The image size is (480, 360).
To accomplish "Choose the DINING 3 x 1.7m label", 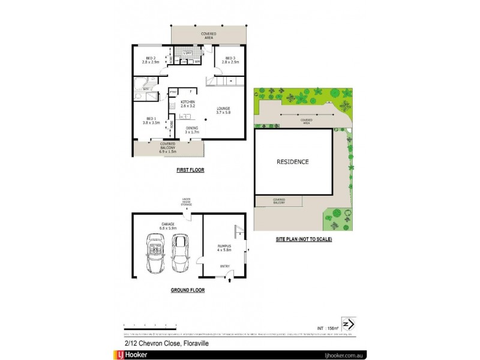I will point(191,130).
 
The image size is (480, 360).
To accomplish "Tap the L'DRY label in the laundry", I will point(187,53).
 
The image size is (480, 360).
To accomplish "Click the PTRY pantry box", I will point(173,92).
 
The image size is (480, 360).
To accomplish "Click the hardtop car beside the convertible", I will point(181,253).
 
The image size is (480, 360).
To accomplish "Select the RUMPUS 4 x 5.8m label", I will point(224,248).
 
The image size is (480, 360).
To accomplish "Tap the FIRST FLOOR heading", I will point(190,170).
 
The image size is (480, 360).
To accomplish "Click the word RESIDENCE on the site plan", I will point(293,161).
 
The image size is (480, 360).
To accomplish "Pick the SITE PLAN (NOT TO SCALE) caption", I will point(304,239).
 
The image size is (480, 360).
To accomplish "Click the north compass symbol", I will point(346,324).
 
